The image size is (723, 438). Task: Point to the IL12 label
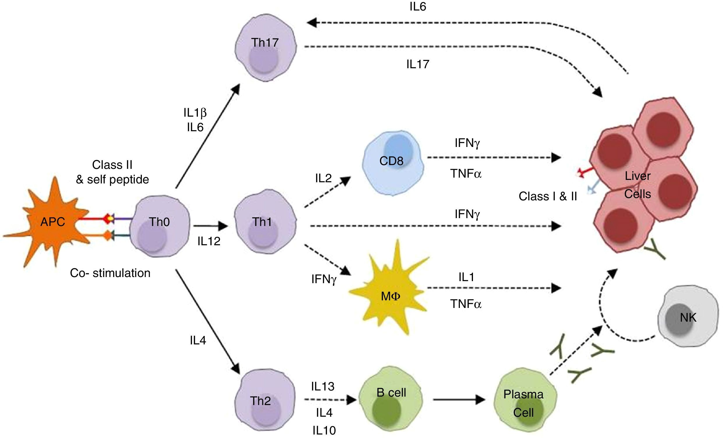pyautogui.click(x=209, y=241)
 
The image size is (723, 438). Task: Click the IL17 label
pyautogui.click(x=418, y=64)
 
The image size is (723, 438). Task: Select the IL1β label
pyautogui.click(x=195, y=113)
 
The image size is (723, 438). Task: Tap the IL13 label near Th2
pyautogui.click(x=323, y=387)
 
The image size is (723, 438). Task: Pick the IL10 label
pyautogui.click(x=324, y=431)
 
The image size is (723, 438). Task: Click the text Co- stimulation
pyautogui.click(x=110, y=273)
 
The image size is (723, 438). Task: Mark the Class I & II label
pyautogui.click(x=548, y=196)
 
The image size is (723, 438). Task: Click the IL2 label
pyautogui.click(x=323, y=178)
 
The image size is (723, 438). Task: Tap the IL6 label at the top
pyautogui.click(x=418, y=6)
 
